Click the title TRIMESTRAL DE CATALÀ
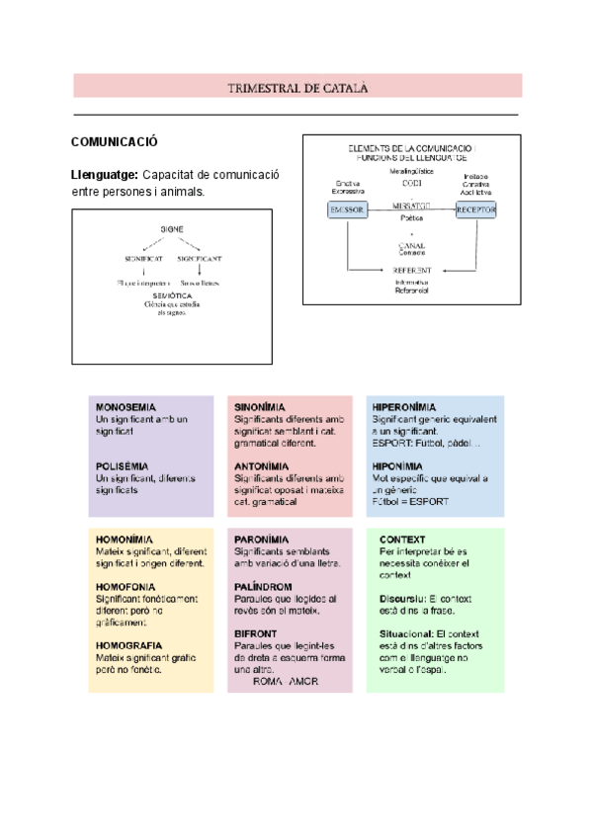click(x=296, y=88)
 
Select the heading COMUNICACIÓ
click(x=115, y=142)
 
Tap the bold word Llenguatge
click(x=104, y=175)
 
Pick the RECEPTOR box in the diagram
click(x=475, y=209)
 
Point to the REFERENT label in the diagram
click(x=411, y=269)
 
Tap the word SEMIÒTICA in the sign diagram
click(x=172, y=295)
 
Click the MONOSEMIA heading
click(x=126, y=407)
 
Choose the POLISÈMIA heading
click(x=124, y=465)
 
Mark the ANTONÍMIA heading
click(x=261, y=465)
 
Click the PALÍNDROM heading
click(x=262, y=586)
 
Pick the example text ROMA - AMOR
click(x=286, y=682)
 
